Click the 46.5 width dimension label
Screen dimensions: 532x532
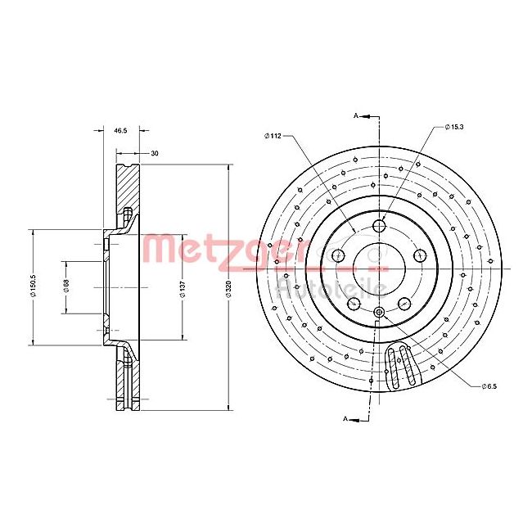(119, 131)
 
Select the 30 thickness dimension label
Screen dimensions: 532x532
(154, 153)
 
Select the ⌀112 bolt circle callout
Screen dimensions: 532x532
(273, 137)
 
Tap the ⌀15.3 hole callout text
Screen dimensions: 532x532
(455, 127)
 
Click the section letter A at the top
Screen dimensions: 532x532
(356, 117)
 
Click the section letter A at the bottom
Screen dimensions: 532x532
(345, 419)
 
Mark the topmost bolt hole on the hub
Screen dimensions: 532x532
(379, 226)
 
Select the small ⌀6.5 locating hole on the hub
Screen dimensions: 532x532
(379, 312)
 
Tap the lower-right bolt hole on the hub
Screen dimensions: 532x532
(404, 304)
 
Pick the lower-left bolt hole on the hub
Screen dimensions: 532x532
(354, 304)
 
